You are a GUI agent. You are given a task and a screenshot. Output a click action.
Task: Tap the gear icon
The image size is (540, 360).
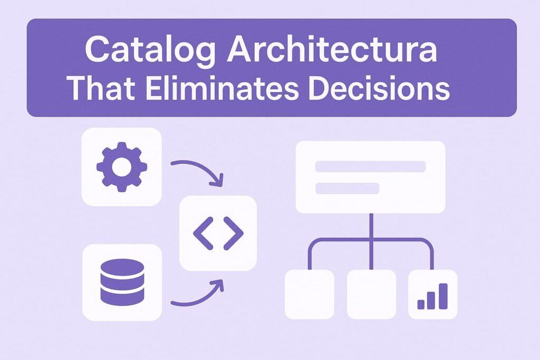point(121,167)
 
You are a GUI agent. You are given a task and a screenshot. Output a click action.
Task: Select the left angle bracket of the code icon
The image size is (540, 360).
point(203,232)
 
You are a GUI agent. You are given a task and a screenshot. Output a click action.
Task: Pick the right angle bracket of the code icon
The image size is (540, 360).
point(234,232)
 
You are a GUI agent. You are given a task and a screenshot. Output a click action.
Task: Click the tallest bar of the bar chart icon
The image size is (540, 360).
point(443,296)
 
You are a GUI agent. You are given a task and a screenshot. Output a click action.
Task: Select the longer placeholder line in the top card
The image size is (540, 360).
point(370,167)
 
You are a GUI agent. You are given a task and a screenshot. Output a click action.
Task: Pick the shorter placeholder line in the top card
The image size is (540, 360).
point(347,188)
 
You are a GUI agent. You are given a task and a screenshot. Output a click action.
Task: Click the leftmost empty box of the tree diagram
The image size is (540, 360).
point(309,294)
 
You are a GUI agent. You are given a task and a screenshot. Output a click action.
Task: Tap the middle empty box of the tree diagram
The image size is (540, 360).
point(371,294)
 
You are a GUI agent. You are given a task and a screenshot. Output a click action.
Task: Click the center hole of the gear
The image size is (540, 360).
point(121,167)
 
